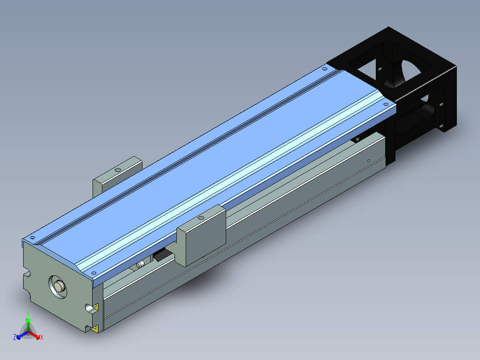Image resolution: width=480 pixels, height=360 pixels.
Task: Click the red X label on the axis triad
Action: pos(42,337)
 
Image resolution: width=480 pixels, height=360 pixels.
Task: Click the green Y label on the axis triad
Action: pos(28,313)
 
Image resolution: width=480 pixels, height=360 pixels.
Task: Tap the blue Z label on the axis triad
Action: pos(15,337)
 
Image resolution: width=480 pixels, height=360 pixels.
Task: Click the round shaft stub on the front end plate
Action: pos(59,286)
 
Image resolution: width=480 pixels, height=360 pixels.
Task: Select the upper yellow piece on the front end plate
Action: pos(95,307)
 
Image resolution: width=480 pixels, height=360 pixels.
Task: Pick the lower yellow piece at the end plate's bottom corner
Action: pos(95,329)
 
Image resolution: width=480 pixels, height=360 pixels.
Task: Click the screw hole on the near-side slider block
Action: pos(201,218)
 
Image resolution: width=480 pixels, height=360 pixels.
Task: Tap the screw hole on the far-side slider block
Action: pos(118,170)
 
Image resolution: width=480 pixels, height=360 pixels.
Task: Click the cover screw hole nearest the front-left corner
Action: pos(33,237)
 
